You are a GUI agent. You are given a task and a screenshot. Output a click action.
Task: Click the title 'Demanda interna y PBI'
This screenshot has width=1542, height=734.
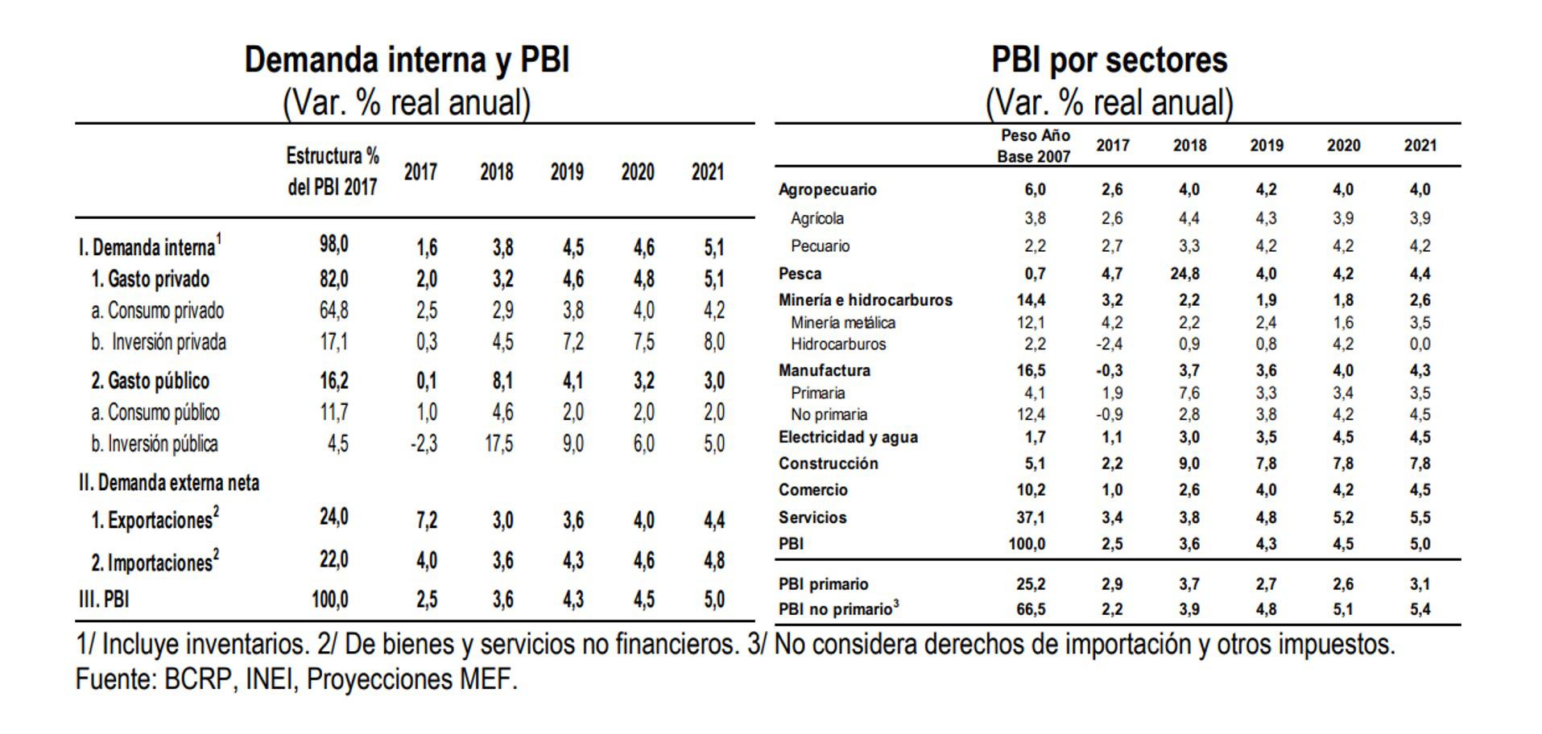pos(407,60)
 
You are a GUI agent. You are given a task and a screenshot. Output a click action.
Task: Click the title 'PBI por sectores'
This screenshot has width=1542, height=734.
pos(1109,60)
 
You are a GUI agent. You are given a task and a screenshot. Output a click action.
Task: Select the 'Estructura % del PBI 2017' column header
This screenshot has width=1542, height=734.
pos(333,171)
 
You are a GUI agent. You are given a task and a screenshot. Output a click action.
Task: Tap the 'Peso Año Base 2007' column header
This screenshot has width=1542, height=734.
pos(1034,146)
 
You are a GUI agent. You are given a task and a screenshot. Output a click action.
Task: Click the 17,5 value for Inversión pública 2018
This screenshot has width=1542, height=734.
pos(498,443)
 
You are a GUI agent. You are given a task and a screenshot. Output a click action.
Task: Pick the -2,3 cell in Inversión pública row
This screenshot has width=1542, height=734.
pos(424,443)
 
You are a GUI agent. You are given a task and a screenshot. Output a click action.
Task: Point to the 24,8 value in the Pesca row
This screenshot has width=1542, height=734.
pos(1184,274)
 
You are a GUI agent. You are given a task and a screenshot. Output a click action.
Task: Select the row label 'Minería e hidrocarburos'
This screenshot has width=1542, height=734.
pos(865,300)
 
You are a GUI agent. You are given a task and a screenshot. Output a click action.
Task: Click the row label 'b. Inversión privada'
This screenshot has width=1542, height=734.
pos(158,342)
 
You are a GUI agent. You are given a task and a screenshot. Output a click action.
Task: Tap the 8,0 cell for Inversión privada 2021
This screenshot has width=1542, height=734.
pos(713,342)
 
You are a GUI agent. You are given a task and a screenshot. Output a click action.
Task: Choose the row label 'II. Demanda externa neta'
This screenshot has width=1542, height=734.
pos(169,483)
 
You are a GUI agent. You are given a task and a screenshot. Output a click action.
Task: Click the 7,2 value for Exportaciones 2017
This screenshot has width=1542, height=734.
pos(426,520)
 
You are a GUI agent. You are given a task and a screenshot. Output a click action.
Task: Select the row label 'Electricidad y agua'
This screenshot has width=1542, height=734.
pos(848,437)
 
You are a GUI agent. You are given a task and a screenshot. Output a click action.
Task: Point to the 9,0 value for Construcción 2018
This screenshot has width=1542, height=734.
pos(1189,464)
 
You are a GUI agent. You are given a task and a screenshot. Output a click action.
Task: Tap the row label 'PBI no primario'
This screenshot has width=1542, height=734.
pos(838,609)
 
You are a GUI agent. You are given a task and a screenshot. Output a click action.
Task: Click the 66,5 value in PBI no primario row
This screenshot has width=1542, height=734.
pos(1031,609)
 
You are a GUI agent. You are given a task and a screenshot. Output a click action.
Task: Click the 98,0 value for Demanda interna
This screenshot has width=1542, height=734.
pos(333,244)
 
